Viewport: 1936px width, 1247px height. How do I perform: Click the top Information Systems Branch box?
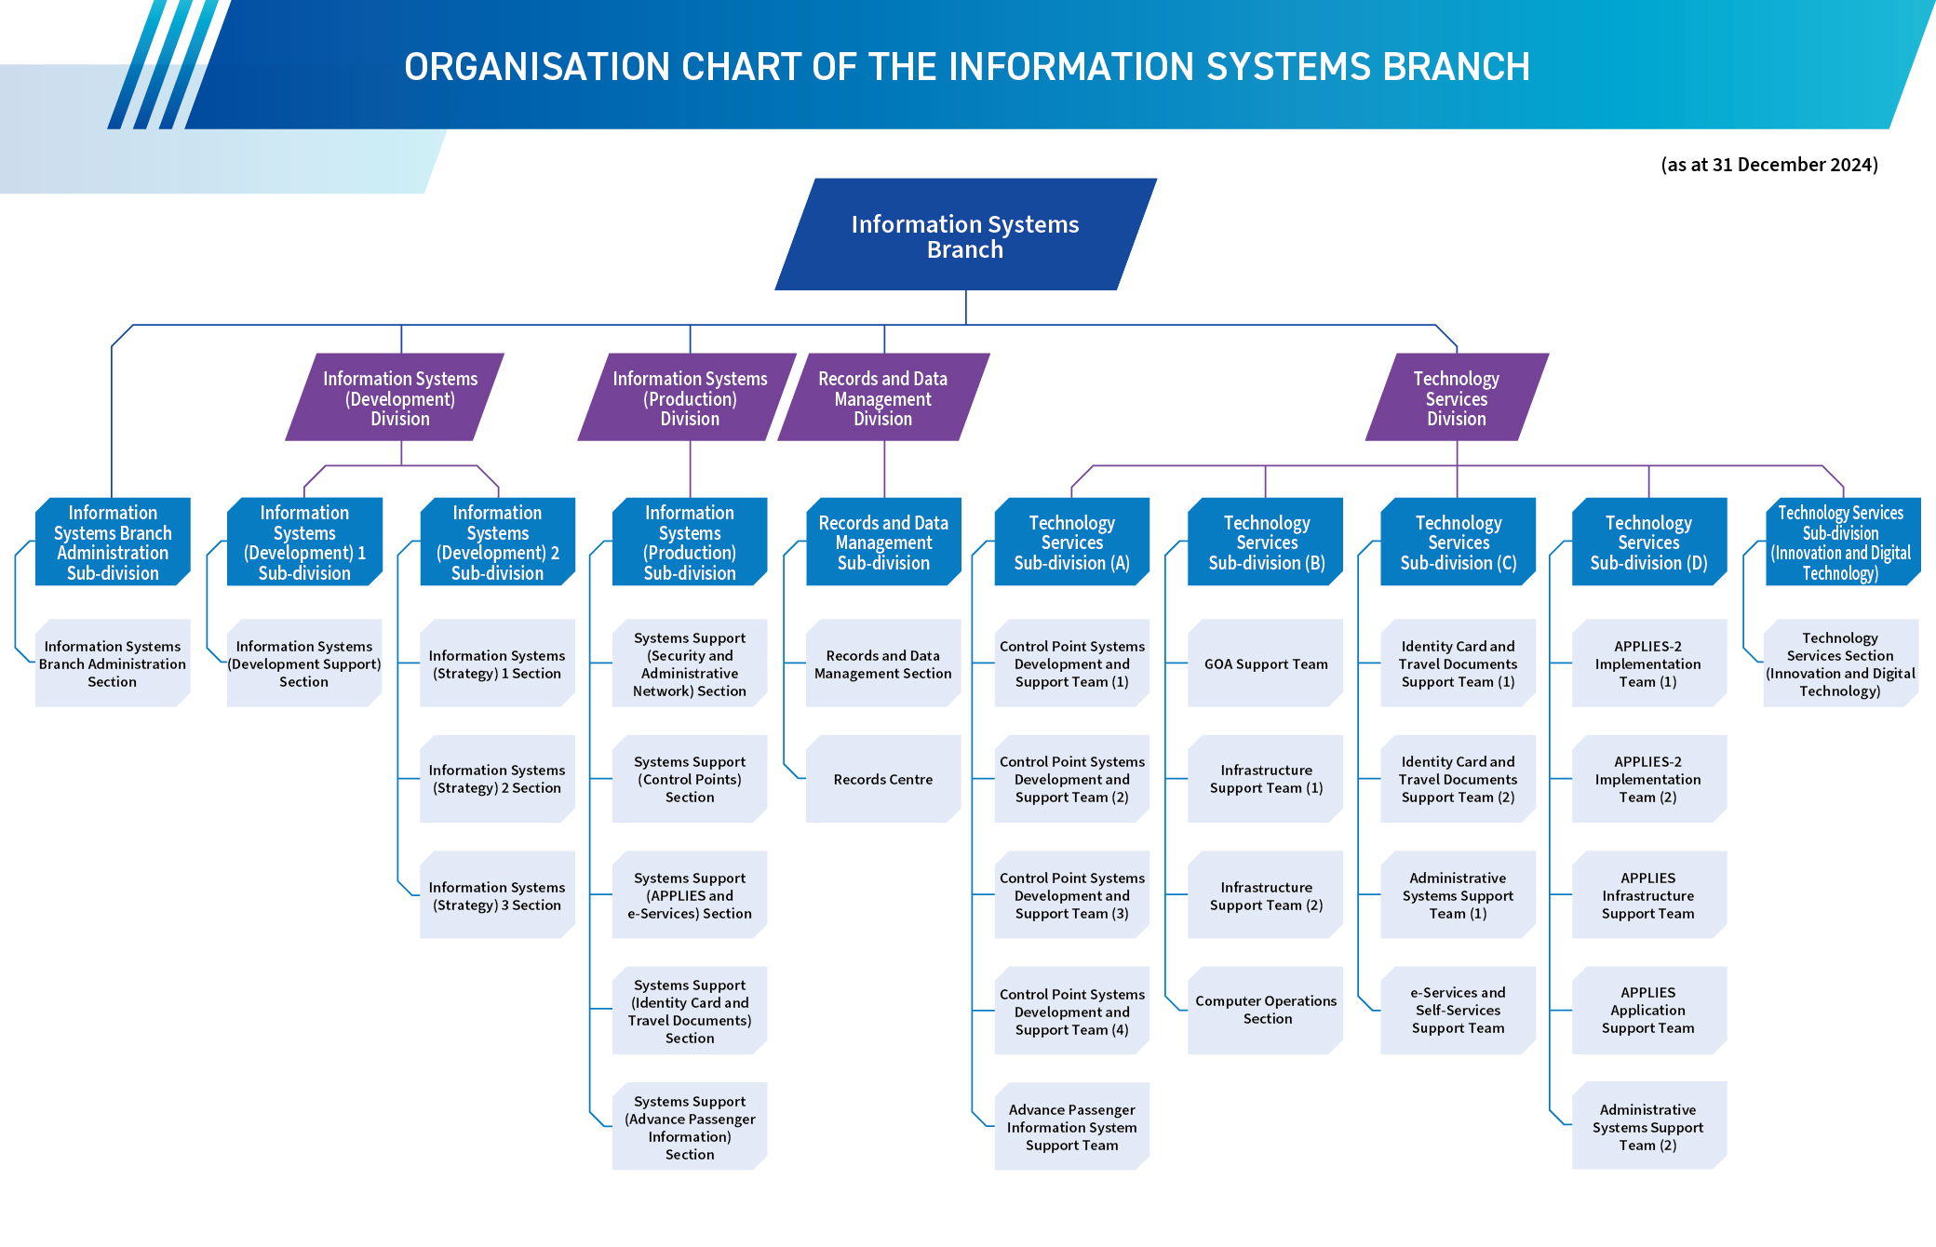tap(965, 236)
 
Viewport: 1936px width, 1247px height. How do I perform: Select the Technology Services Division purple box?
tap(1457, 398)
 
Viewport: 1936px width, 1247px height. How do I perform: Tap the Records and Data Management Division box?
tap(883, 398)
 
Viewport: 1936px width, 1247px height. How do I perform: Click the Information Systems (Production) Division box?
tap(690, 398)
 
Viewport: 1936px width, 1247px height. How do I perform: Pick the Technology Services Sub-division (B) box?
tap(1266, 543)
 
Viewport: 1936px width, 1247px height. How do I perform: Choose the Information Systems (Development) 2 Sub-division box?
tap(497, 543)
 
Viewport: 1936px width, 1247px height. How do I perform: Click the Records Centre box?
tap(882, 780)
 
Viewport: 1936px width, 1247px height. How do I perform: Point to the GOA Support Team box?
tap(1266, 664)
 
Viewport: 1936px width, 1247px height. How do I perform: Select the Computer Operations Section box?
tap(1266, 1010)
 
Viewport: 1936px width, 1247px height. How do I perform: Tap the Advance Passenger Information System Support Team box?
tap(1071, 1127)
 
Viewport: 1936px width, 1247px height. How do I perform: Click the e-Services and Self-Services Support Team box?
tap(1458, 1010)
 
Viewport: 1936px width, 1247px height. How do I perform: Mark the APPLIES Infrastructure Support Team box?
tap(1647, 895)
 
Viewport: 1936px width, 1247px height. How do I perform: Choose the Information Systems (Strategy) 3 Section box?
tap(497, 895)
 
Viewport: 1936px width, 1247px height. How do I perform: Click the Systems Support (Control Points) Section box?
tap(690, 780)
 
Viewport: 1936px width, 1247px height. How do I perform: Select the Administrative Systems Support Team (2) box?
tap(1647, 1127)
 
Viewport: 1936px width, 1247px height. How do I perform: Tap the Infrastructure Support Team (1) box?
tap(1266, 780)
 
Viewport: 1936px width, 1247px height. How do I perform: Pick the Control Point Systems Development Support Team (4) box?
tap(1071, 1012)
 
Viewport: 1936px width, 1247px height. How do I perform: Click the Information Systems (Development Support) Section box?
tap(304, 664)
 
